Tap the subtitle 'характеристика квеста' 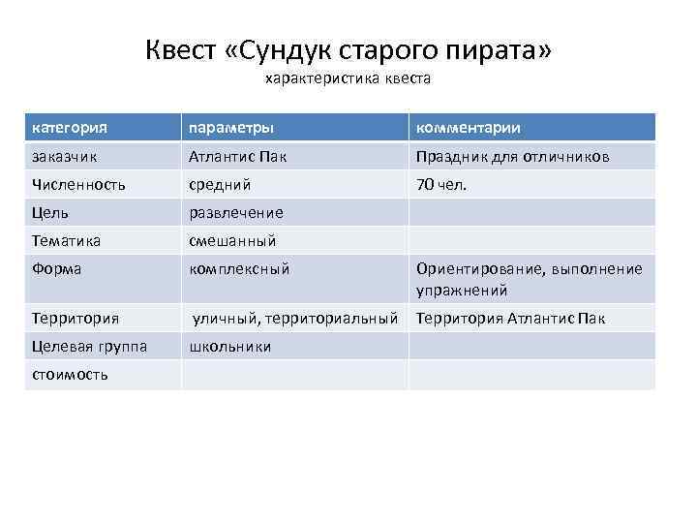coord(348,77)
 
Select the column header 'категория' coord(70,128)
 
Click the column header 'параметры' coord(230,128)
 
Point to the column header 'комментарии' coord(468,128)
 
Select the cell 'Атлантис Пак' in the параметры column coord(237,156)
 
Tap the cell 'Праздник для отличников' coord(512,156)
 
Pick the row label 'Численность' coord(78,184)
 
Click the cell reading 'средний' coord(220,184)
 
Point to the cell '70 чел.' coord(441,184)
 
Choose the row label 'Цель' coord(50,212)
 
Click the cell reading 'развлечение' coord(236,212)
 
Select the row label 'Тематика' coord(67,240)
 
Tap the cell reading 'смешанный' coord(232,240)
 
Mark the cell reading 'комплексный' coord(239,269)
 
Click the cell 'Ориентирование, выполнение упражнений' coord(529,279)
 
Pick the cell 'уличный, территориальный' coord(294,318)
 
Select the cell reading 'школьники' coord(230,346)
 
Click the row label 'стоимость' coord(70,374)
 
